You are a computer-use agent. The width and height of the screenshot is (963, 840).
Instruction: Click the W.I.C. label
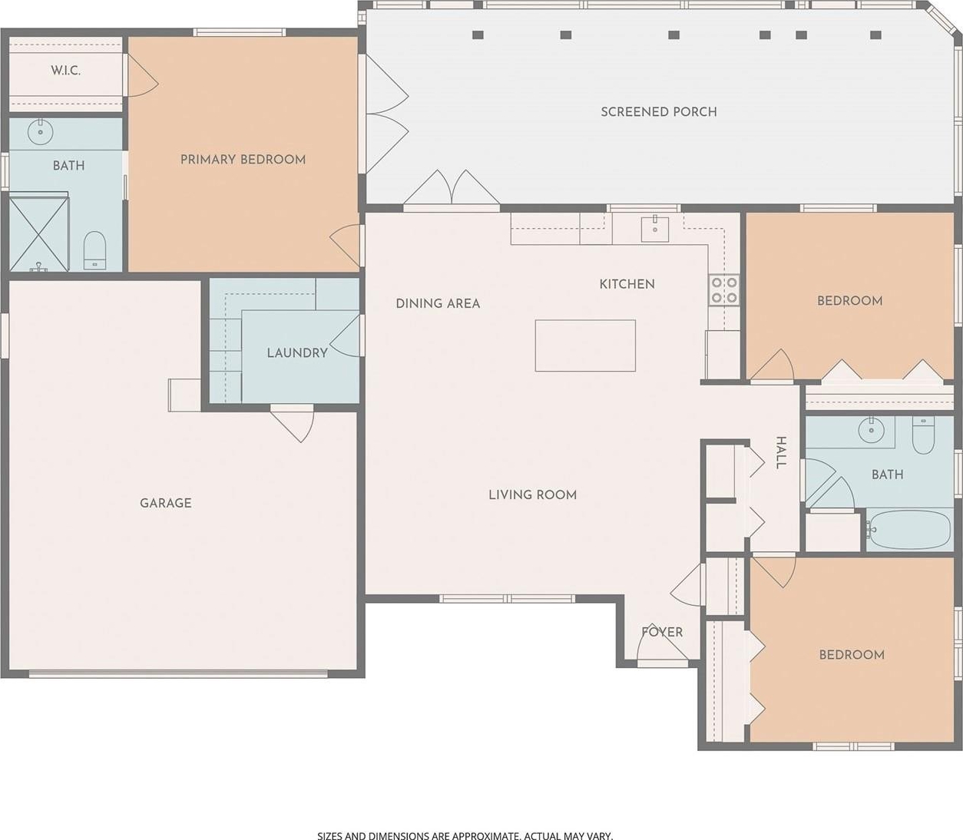(65, 71)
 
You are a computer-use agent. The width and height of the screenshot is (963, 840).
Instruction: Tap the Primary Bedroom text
(243, 160)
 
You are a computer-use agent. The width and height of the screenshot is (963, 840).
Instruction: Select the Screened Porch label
(659, 112)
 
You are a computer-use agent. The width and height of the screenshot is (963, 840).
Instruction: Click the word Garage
(166, 503)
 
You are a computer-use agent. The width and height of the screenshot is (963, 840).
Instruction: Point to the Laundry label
(297, 353)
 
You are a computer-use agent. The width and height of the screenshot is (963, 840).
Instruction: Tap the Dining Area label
(438, 303)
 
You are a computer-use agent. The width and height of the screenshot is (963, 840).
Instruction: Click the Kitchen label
(627, 284)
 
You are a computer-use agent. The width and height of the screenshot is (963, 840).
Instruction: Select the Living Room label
(532, 494)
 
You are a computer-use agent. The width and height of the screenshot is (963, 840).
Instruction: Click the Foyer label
(662, 632)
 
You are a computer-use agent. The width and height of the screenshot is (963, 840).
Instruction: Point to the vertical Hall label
(780, 453)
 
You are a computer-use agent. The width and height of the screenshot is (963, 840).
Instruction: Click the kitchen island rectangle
(585, 346)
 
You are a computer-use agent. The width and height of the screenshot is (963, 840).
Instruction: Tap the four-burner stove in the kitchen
(724, 290)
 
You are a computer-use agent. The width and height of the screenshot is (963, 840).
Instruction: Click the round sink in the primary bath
(41, 132)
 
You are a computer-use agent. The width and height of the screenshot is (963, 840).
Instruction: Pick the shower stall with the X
(39, 234)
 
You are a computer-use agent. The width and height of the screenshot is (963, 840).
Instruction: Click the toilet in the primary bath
(95, 251)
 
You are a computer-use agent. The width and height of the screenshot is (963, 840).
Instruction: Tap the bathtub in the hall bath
(910, 529)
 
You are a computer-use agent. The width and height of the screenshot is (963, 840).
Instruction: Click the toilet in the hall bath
(923, 435)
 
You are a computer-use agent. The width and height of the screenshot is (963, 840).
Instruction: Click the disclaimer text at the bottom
(465, 835)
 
